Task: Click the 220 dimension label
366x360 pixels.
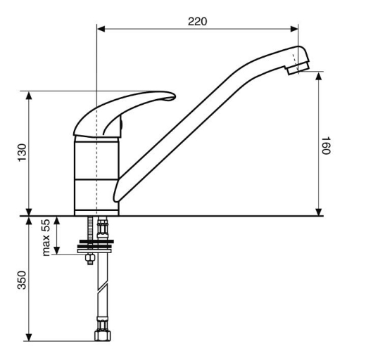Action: pos(197,21)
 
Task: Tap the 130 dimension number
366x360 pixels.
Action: pos(23,153)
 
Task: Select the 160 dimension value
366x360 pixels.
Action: pos(326,146)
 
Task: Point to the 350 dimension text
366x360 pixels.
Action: pos(22,280)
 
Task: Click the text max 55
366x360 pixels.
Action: pos(46,238)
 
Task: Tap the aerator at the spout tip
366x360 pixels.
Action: pos(298,68)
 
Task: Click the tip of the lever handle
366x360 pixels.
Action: pos(175,96)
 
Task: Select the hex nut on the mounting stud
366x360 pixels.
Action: pos(90,258)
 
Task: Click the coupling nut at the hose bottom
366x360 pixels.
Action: pos(103,335)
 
